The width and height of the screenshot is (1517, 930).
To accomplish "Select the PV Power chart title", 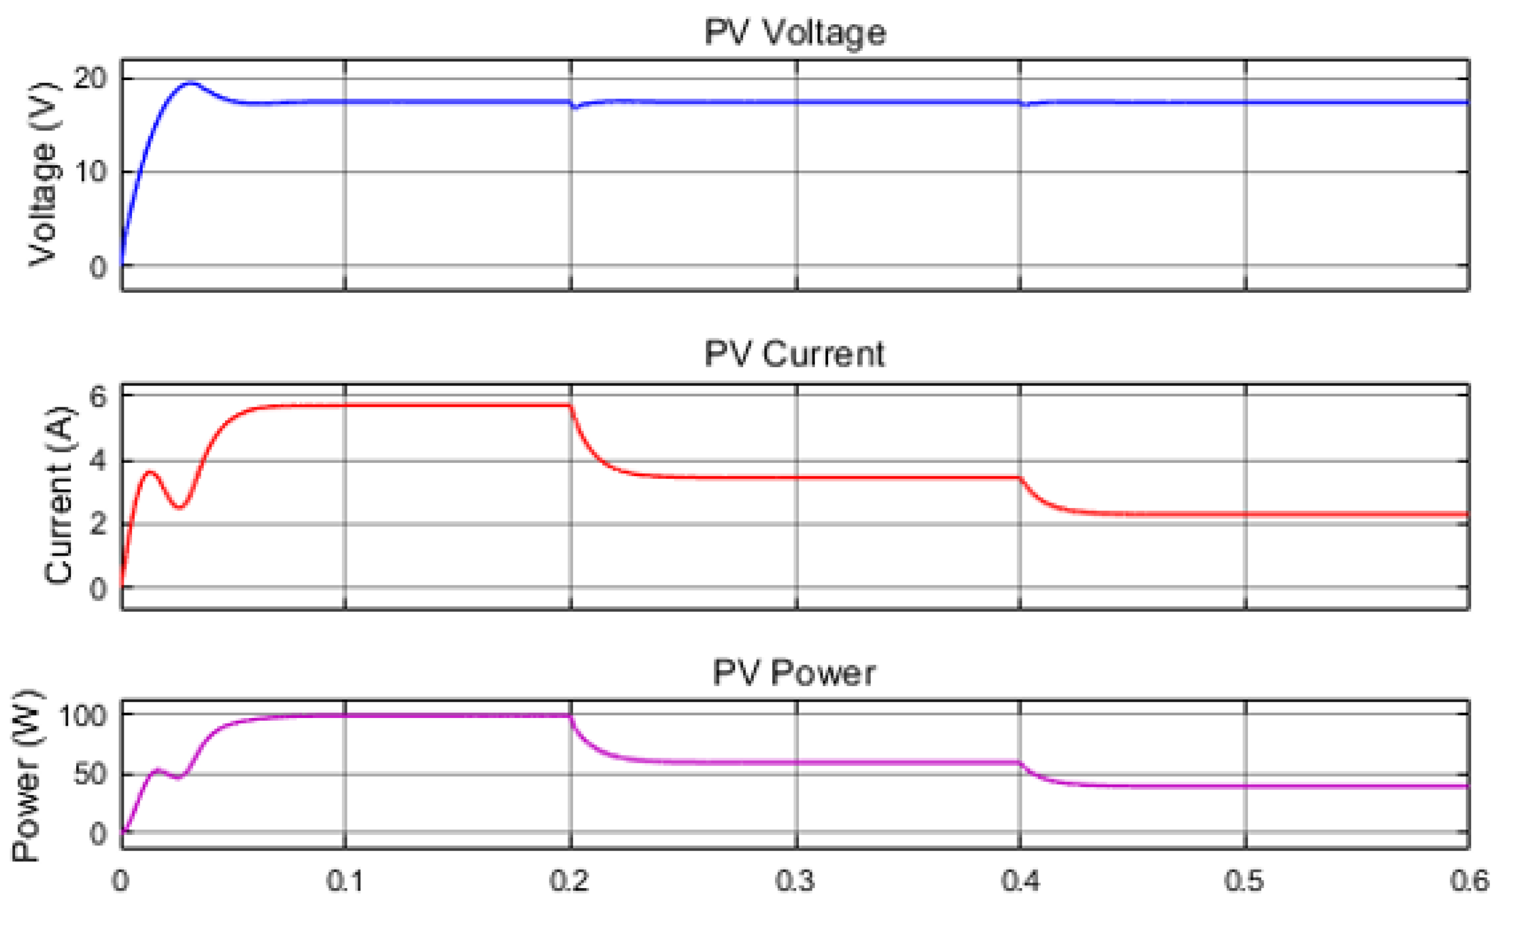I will [794, 673].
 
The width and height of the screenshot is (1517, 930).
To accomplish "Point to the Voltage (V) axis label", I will [44, 173].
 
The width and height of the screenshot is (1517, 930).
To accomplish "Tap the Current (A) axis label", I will [59, 495].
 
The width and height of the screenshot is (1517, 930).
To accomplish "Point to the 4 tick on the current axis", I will [98, 461].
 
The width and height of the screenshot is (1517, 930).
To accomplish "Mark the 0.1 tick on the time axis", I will [345, 882].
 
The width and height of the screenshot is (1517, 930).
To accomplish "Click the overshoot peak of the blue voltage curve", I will [191, 82].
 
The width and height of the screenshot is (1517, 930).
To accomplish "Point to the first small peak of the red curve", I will [150, 472].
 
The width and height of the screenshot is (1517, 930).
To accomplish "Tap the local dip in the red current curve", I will [179, 508].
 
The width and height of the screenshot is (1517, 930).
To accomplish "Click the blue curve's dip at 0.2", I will [575, 107].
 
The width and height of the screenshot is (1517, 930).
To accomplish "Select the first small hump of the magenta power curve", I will [158, 769].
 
